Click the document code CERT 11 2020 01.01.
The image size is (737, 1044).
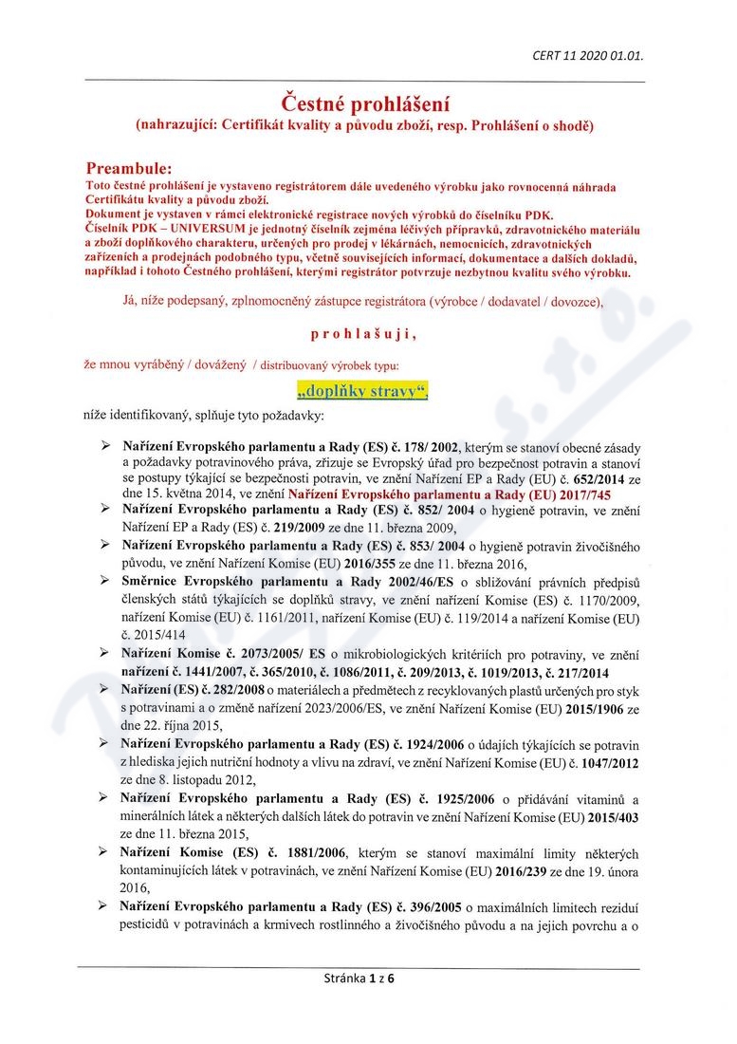click(x=588, y=56)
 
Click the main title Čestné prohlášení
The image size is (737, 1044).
click(x=366, y=103)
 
